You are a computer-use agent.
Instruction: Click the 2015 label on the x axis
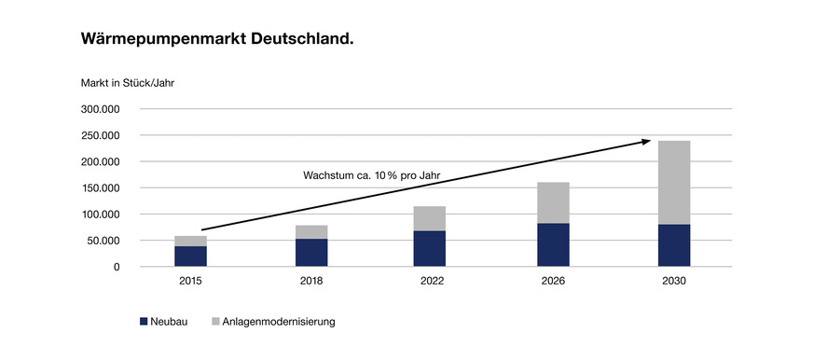[x=191, y=281]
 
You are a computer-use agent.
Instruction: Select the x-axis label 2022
[x=432, y=281]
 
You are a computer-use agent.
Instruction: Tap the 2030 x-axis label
[x=673, y=281]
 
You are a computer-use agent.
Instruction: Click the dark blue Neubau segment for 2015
[x=191, y=256]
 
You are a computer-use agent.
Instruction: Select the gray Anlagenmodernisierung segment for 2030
[x=673, y=183]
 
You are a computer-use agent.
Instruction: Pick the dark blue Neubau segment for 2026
[x=553, y=245]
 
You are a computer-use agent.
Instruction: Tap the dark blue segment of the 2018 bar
[x=311, y=253]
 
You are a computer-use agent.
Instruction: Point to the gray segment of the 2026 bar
[x=553, y=202]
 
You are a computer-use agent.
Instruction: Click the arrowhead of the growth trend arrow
[x=646, y=142]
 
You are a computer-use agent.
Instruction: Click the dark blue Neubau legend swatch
[x=144, y=322]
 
